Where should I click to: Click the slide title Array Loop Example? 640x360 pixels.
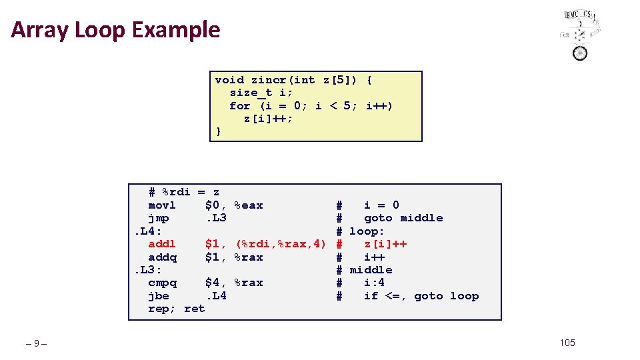pos(115,30)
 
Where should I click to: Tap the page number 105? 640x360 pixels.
pos(567,343)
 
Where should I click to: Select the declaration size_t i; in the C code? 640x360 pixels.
pos(261,93)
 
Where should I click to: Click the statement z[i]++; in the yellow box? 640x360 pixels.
pos(268,119)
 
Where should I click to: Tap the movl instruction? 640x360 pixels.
pos(161,205)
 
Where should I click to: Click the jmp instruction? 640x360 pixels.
pos(159,218)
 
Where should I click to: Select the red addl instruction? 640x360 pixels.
pos(162,244)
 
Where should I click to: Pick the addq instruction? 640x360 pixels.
pos(162,257)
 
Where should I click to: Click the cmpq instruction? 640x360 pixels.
pos(162,283)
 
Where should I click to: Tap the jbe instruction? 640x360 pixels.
pos(159,296)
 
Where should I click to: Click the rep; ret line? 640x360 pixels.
pos(176,309)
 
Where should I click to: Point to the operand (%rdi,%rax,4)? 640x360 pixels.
pos(281,244)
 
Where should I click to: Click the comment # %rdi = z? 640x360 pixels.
pos(184,192)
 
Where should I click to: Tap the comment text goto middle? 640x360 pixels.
pos(403,218)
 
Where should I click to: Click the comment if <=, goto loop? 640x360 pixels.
pos(421,296)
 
